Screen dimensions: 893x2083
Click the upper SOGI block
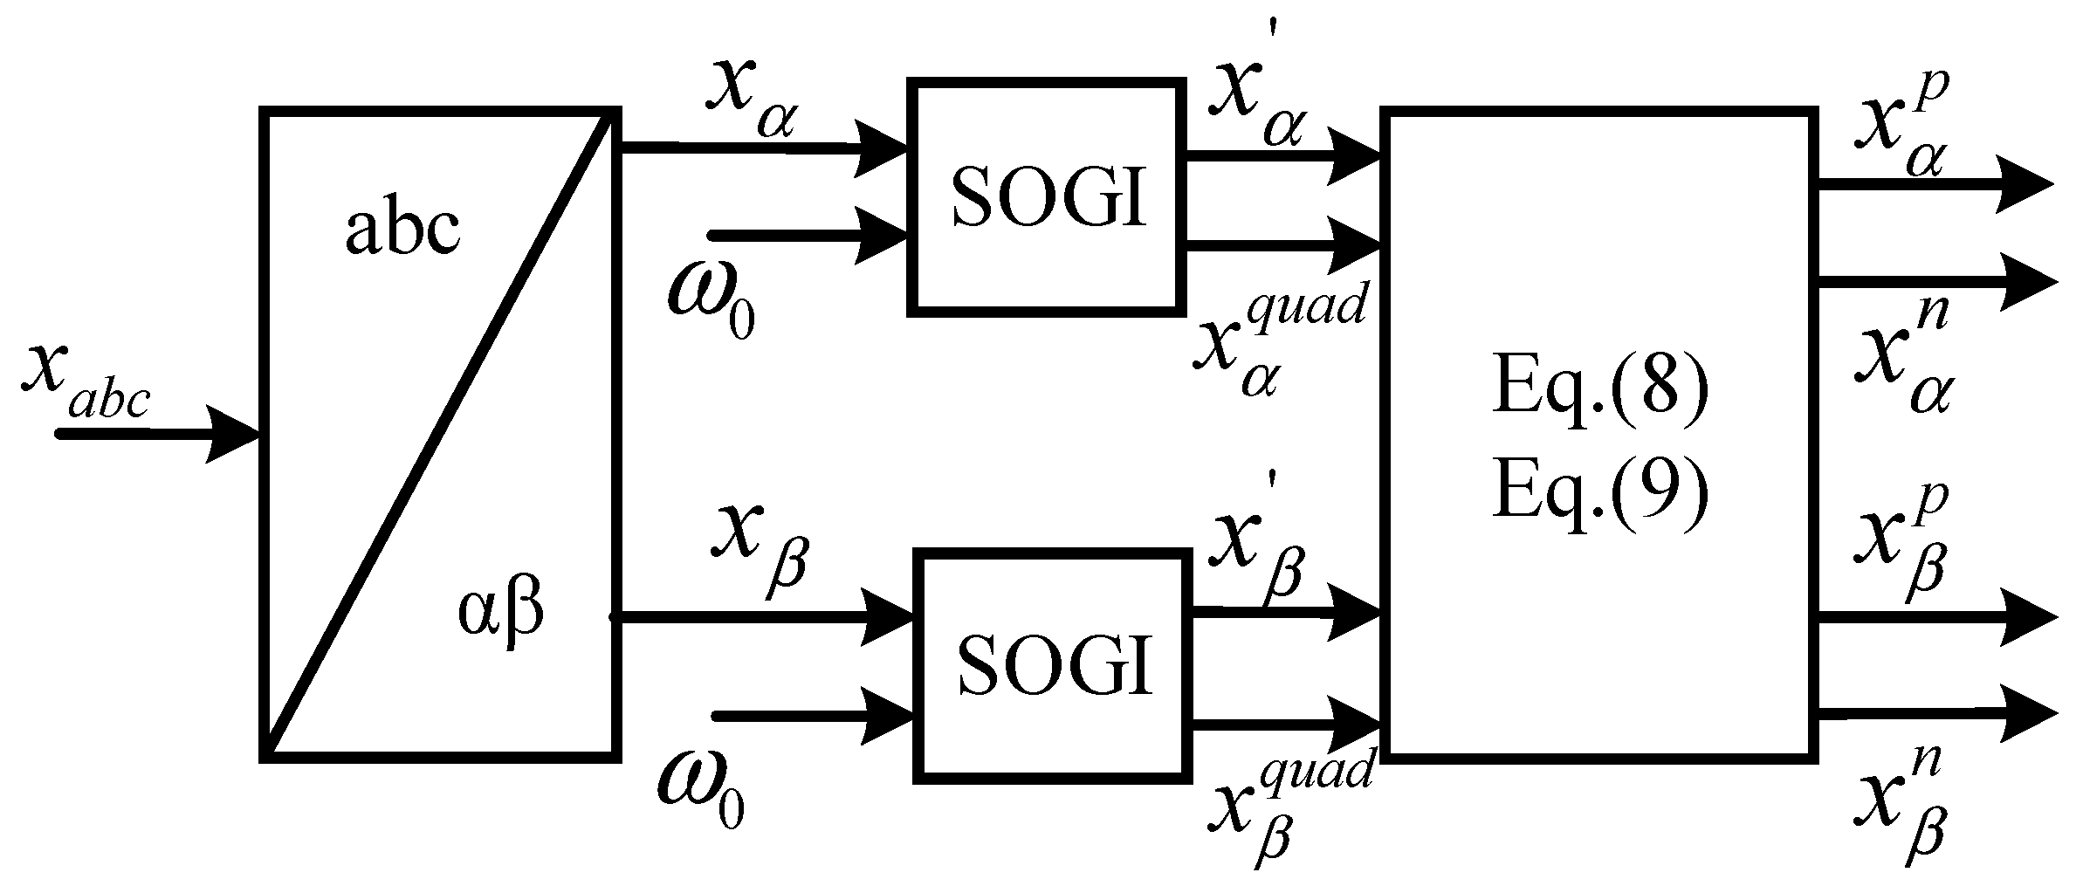(x=1047, y=196)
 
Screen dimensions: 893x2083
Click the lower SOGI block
(x=1053, y=665)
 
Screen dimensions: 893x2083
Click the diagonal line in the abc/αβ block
(x=441, y=432)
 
